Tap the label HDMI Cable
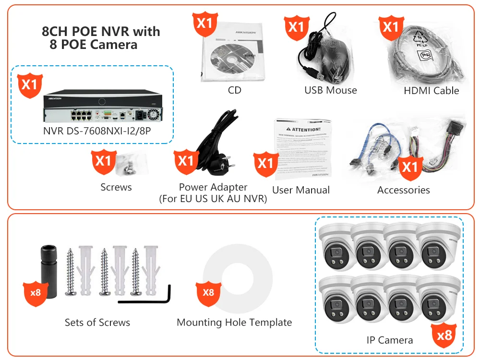pos(431,90)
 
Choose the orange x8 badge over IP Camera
pos(444,335)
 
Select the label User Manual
pos(301,190)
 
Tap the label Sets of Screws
pos(97,323)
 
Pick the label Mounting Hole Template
pos(234,323)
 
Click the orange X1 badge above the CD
pos(205,24)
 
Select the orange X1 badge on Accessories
pos(410,168)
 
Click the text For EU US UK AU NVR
pos(213,199)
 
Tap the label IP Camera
pos(389,340)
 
